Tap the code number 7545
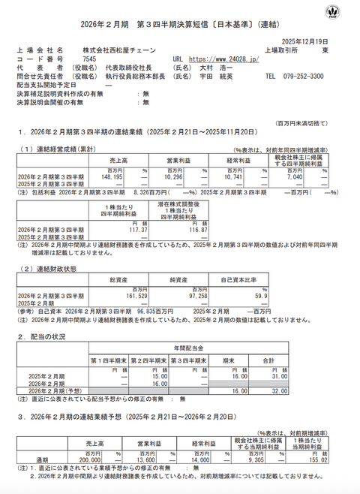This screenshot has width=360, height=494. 89,59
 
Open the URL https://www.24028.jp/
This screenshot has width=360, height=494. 221,59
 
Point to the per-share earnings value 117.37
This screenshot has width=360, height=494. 132,230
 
